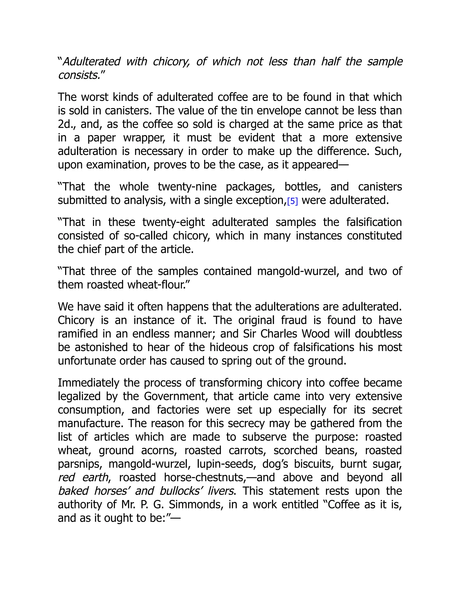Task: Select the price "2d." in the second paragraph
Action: click(x=66, y=124)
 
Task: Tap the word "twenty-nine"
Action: click(x=188, y=187)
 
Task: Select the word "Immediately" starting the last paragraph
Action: click(x=88, y=383)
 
